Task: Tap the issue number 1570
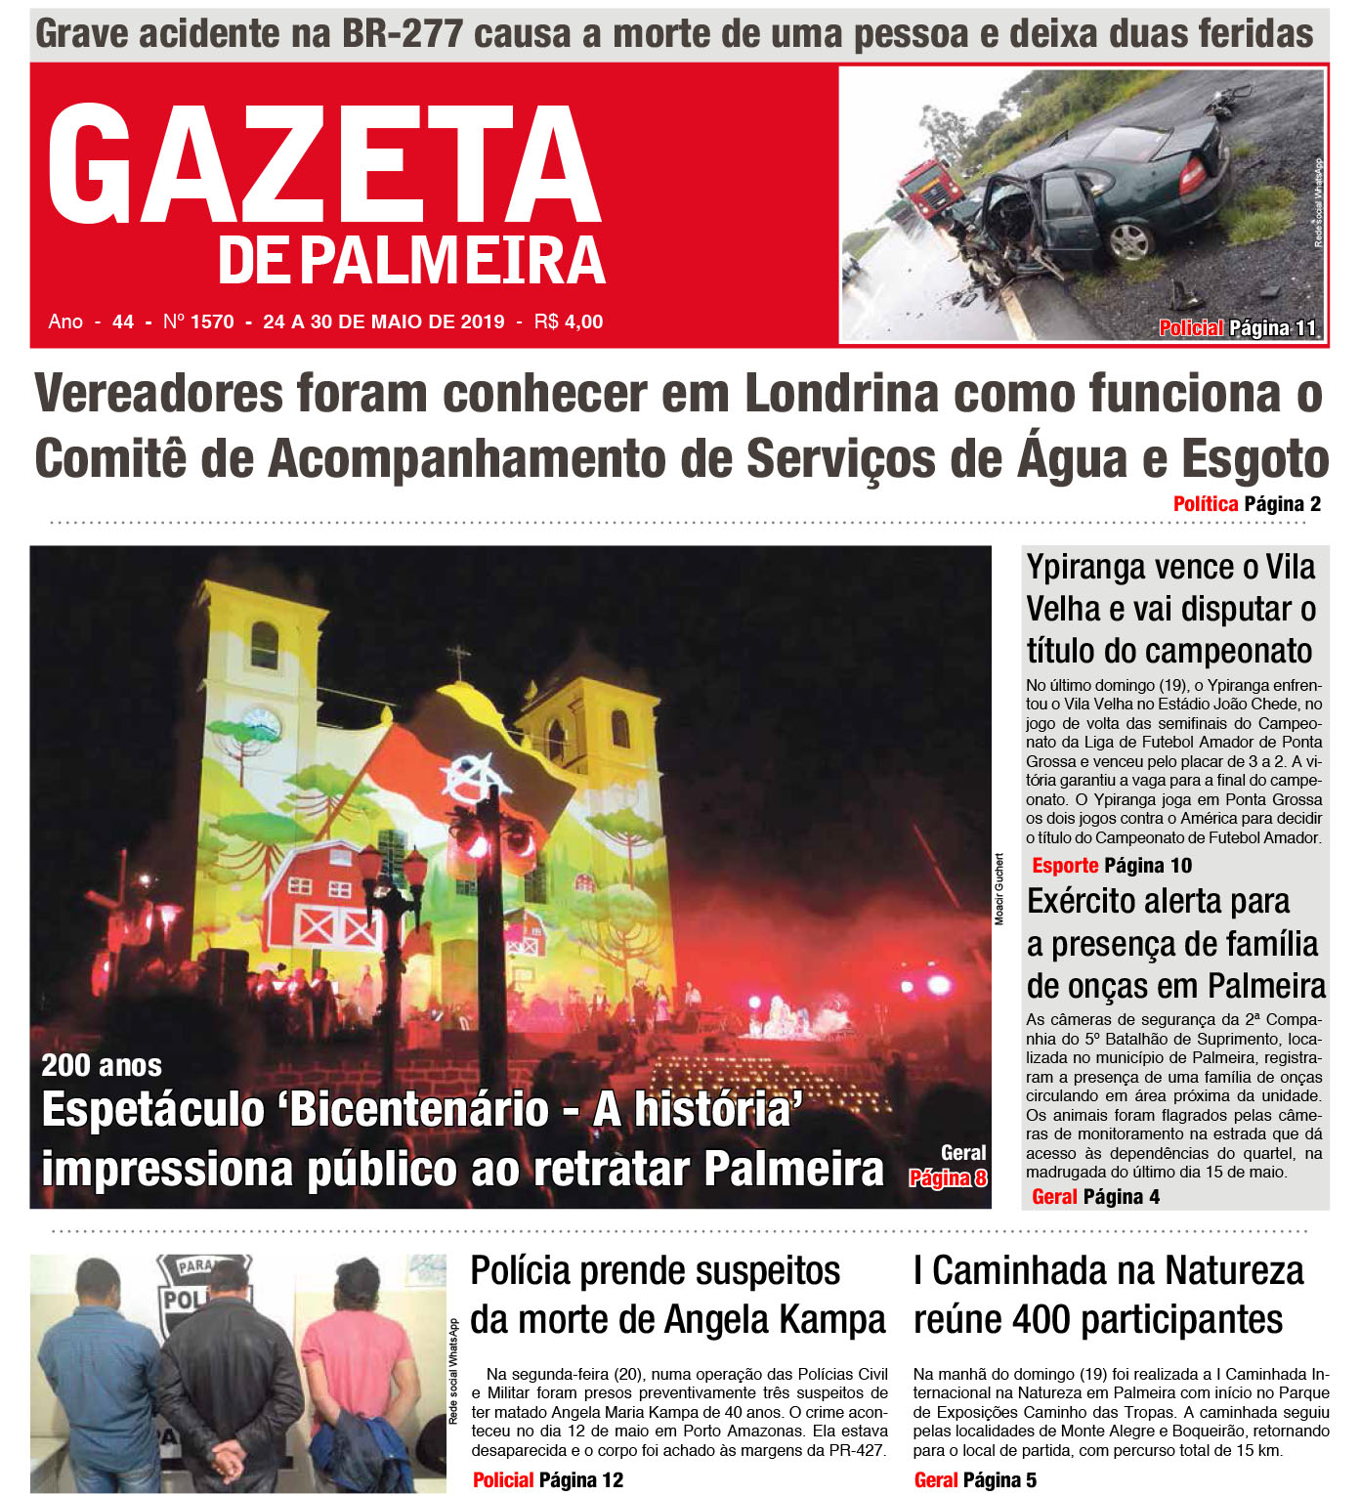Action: tap(212, 321)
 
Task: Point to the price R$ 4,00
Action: tap(569, 321)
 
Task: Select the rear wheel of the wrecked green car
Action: tap(1129, 239)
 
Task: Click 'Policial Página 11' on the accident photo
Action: tap(1237, 328)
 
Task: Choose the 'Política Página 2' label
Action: tap(1247, 504)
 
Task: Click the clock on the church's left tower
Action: tap(261, 725)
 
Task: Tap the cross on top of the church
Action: tap(458, 659)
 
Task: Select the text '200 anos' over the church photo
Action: tap(102, 1065)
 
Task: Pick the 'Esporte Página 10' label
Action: tap(1112, 866)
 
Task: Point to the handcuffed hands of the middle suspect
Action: tap(227, 1456)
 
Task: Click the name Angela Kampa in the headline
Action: tap(776, 1320)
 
